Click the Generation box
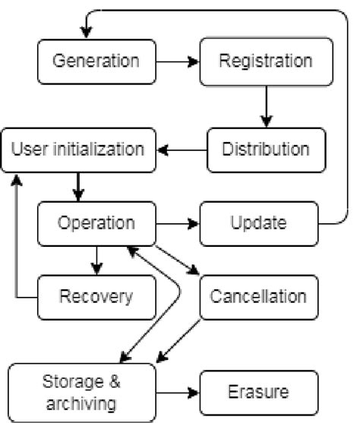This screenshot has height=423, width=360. pyautogui.click(x=96, y=59)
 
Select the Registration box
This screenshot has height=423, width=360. pyautogui.click(x=265, y=59)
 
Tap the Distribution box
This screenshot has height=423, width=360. pyautogui.click(x=265, y=148)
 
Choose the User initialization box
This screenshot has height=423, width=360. pyautogui.click(x=77, y=148)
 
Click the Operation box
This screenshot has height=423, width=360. pyautogui.click(x=96, y=223)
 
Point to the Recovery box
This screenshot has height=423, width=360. pyautogui.click(x=96, y=296)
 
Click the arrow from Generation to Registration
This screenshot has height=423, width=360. pyautogui.click(x=177, y=59)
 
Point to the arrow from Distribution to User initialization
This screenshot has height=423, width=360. pyautogui.click(x=182, y=148)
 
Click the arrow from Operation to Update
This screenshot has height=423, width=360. pyautogui.click(x=177, y=223)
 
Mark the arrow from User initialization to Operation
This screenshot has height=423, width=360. pyautogui.click(x=77, y=186)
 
